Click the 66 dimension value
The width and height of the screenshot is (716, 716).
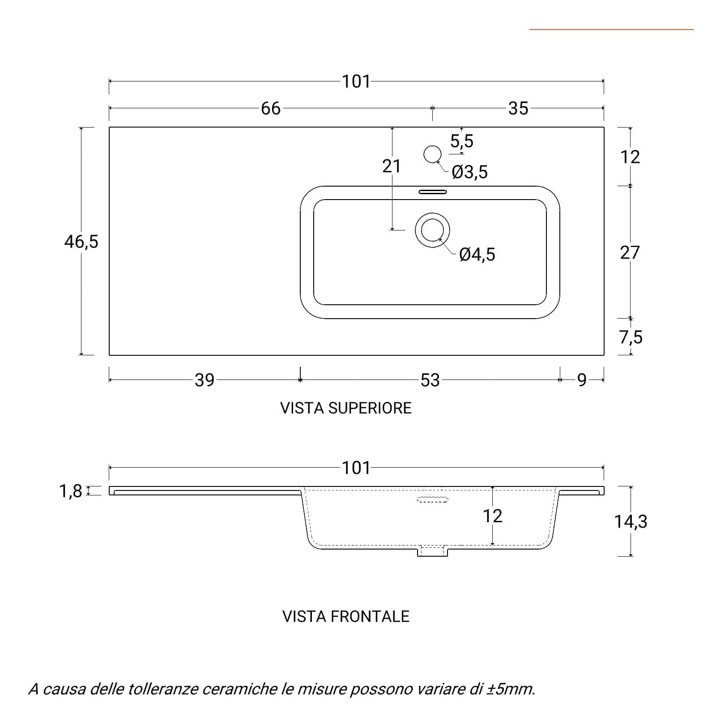pyautogui.click(x=271, y=108)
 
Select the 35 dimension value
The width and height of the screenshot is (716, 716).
pyautogui.click(x=518, y=108)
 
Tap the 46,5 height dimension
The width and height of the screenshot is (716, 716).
pyautogui.click(x=81, y=242)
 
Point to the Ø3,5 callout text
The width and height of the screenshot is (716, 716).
pyautogui.click(x=469, y=172)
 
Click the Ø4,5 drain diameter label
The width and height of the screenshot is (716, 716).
pyautogui.click(x=477, y=254)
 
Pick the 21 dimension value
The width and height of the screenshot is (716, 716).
pyautogui.click(x=392, y=166)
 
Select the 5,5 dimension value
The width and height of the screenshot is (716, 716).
pyautogui.click(x=462, y=141)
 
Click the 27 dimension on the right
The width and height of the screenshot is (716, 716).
pyautogui.click(x=630, y=253)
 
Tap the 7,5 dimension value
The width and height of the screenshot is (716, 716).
pyautogui.click(x=631, y=337)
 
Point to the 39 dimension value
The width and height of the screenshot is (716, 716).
pyautogui.click(x=205, y=380)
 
